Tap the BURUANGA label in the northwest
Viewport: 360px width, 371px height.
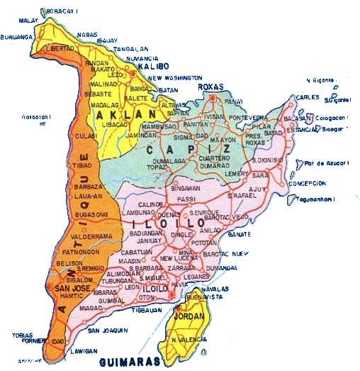[18, 37]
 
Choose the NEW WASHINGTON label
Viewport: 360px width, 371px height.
[175, 77]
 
